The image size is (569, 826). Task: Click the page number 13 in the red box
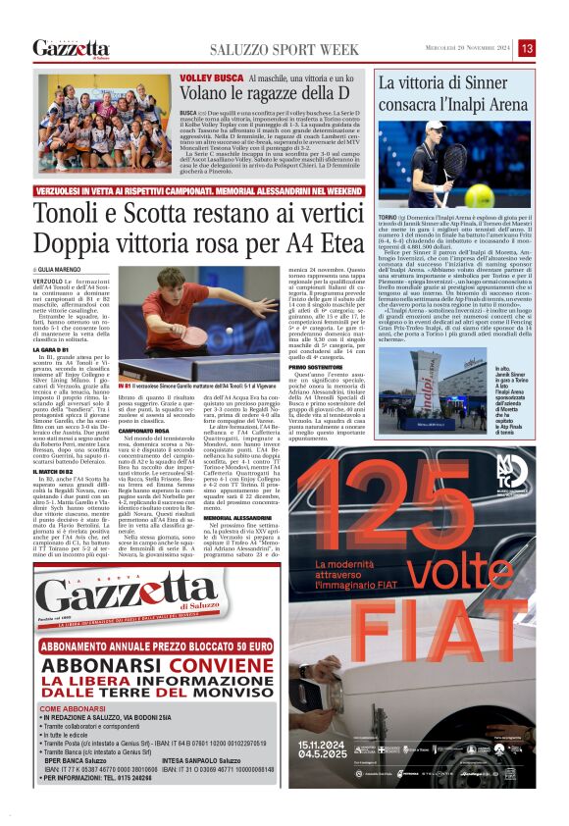coord(527,48)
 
